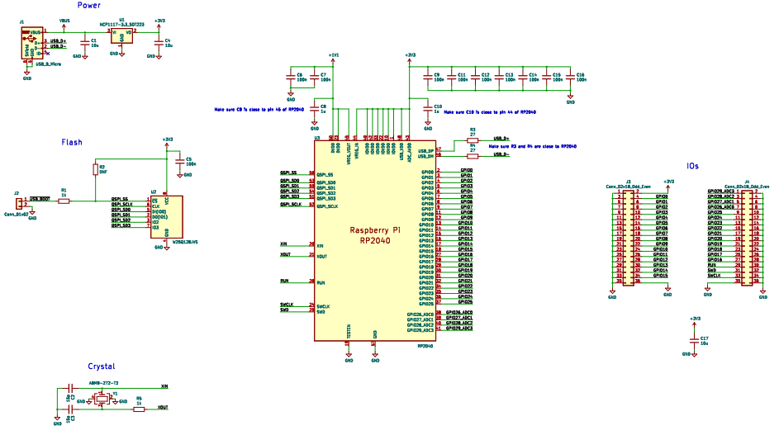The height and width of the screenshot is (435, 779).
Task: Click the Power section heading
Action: click(x=89, y=6)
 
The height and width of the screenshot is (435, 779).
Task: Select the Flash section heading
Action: click(x=72, y=142)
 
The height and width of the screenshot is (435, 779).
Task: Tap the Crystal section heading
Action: click(x=101, y=366)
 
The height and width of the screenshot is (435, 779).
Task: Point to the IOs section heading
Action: click(x=692, y=166)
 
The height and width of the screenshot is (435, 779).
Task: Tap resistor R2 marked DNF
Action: click(x=96, y=170)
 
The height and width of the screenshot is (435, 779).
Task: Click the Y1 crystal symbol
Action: click(x=103, y=399)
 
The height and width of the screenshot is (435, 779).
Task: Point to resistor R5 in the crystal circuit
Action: click(x=139, y=408)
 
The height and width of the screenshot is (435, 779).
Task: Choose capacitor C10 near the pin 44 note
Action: click(x=426, y=108)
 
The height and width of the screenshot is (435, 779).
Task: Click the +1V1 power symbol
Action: click(x=334, y=54)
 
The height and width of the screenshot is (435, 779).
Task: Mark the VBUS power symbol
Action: click(x=65, y=20)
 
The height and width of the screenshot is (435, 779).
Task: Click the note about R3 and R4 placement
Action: click(x=532, y=145)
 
